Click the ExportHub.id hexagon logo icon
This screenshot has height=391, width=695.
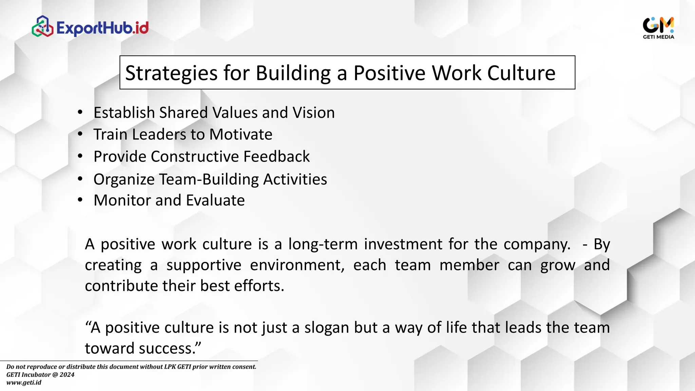point(42,26)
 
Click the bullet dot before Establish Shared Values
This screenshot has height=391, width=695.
point(80,112)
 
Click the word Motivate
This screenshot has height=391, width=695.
point(241,134)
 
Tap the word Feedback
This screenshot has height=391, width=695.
point(276,157)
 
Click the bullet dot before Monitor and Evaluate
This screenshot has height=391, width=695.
point(80,200)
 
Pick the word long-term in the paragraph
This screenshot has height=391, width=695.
point(323,244)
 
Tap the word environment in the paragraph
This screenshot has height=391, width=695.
point(297,265)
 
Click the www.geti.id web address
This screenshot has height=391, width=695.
point(24,383)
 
